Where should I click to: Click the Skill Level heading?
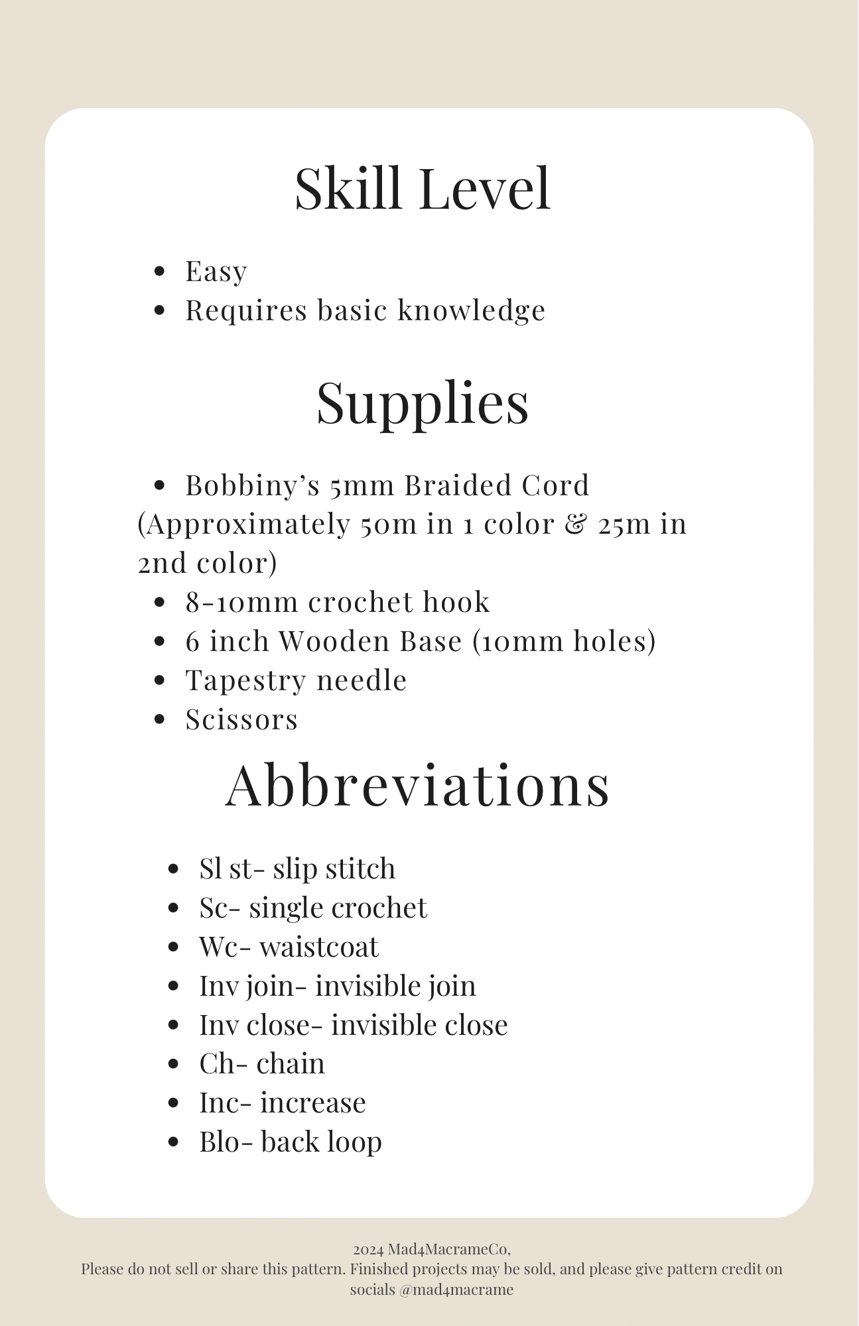pyautogui.click(x=423, y=189)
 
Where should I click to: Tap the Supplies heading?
pyautogui.click(x=423, y=403)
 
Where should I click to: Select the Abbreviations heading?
pyautogui.click(x=417, y=785)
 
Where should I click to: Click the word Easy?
pyautogui.click(x=216, y=271)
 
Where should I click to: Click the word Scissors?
pyautogui.click(x=241, y=720)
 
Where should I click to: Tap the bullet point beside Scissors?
pyautogui.click(x=159, y=720)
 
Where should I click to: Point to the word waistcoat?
pyautogui.click(x=319, y=947)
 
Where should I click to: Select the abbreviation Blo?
pyautogui.click(x=219, y=1142)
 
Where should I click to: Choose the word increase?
pyautogui.click(x=312, y=1103)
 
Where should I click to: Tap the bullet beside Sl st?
pyautogui.click(x=173, y=869)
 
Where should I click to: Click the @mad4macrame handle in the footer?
pyautogui.click(x=456, y=1290)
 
